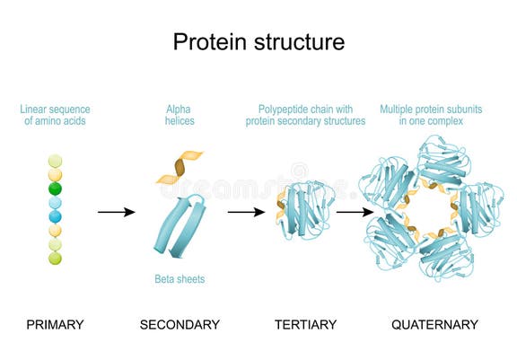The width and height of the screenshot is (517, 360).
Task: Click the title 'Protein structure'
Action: (258, 41)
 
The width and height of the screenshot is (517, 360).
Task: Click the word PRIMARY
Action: (55, 324)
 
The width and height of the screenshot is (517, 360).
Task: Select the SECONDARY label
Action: (180, 324)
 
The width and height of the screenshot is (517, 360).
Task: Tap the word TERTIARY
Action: (306, 324)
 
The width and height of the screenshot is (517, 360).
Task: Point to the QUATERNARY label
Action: (434, 324)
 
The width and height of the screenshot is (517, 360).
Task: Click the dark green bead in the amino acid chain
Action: (55, 189)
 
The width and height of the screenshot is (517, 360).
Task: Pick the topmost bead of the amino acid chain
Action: (55, 161)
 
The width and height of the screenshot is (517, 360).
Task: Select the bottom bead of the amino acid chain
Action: (55, 259)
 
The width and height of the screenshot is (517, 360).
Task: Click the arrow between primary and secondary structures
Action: (116, 212)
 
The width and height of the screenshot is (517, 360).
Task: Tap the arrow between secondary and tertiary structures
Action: (246, 212)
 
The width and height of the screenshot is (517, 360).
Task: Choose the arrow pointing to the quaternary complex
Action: (355, 212)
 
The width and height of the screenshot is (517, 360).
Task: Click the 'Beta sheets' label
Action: (180, 279)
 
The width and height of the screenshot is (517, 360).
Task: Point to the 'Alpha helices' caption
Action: (180, 115)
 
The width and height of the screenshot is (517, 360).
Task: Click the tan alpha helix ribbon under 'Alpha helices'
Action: (180, 167)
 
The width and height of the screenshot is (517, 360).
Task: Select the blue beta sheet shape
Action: (179, 224)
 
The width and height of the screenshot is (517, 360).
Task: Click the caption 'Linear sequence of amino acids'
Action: (55, 115)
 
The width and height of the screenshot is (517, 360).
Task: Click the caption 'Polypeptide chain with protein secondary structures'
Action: (306, 115)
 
